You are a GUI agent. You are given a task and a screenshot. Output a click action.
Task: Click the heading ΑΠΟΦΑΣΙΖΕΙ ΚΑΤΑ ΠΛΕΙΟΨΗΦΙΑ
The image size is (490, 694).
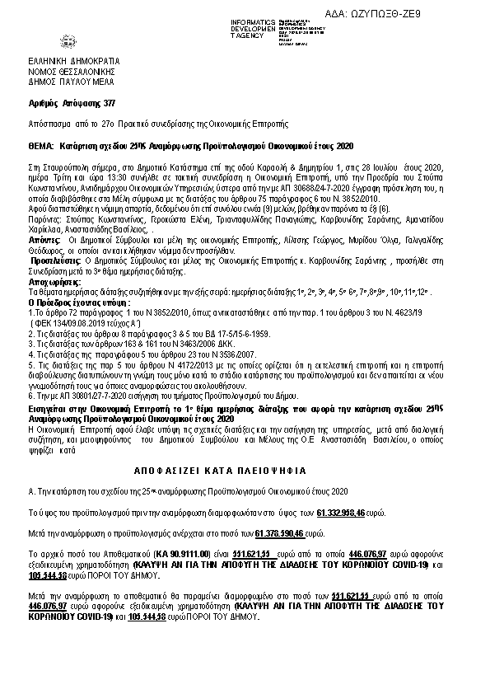point(245,470)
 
